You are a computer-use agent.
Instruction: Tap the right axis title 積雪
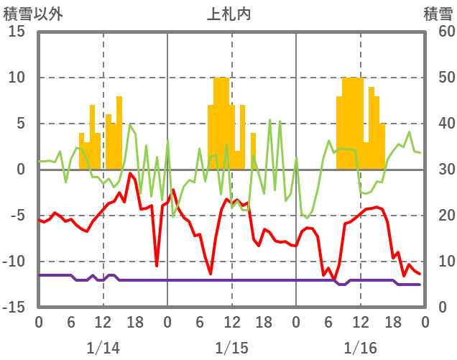point(438,13)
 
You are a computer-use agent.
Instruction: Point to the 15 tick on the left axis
point(17,32)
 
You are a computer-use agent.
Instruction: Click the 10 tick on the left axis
point(17,78)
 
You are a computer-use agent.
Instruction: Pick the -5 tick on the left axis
point(17,216)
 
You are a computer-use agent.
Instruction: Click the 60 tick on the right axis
point(439,32)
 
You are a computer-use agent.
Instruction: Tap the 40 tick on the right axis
point(439,124)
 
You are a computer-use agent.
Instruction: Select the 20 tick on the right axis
point(439,216)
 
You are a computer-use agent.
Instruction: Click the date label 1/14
point(103,348)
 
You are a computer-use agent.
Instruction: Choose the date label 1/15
point(231,348)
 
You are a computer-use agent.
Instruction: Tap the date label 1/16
point(360,348)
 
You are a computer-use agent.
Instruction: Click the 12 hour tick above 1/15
point(231,323)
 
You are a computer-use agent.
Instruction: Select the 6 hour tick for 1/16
point(328,323)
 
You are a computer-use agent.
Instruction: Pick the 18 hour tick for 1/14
point(135,323)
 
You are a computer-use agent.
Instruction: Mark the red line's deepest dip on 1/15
point(211,273)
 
